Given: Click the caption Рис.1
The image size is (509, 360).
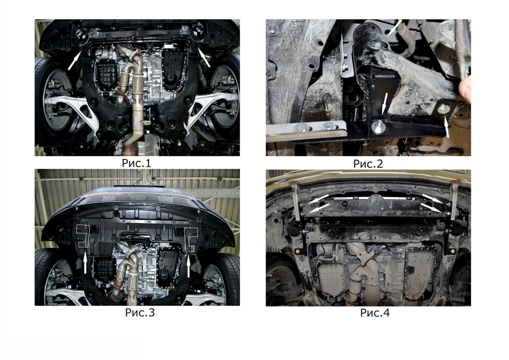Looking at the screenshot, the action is [136, 163].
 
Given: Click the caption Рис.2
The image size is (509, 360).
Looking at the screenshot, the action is [368, 164].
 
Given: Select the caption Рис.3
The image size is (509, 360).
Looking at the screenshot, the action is [140, 312].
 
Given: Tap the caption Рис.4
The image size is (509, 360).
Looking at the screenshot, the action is [375, 313].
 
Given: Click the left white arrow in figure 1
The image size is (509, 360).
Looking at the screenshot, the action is [74, 60].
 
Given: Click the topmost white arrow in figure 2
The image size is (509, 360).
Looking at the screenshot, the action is [394, 28].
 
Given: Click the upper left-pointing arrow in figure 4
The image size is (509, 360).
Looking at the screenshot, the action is [319, 199].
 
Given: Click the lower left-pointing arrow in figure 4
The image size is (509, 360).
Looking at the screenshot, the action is [319, 208].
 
